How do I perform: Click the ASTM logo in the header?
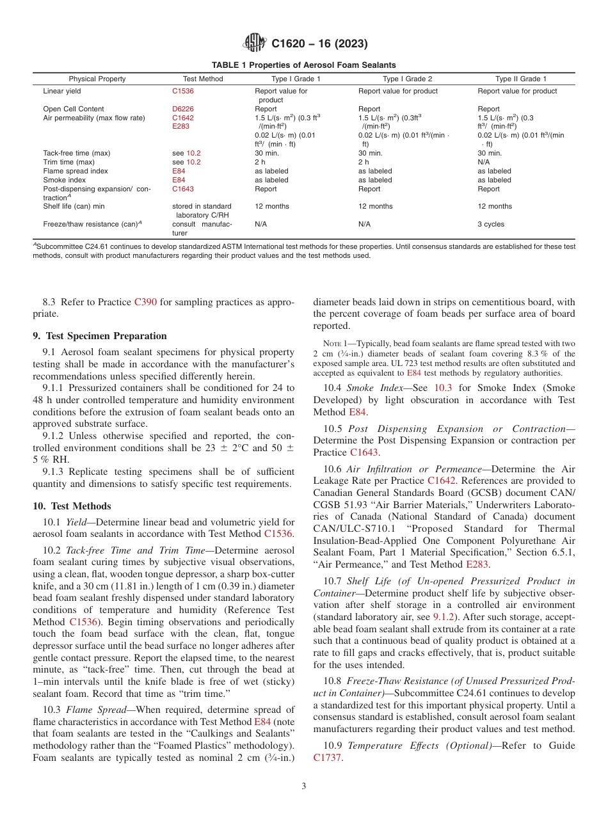point(255,44)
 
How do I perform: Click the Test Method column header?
point(203,79)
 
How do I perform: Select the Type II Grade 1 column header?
point(521,79)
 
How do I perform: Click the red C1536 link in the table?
point(182,91)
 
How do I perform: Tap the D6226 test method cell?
point(182,109)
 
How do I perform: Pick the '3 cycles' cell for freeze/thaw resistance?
point(491,224)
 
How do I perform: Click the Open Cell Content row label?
point(73,109)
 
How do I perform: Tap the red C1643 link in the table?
point(182,189)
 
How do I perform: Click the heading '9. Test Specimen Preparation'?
point(99,336)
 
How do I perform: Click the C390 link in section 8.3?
point(145,301)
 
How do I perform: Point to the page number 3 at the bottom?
point(304,786)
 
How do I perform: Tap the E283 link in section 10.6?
point(477,564)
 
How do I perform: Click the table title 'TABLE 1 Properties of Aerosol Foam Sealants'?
point(304,65)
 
